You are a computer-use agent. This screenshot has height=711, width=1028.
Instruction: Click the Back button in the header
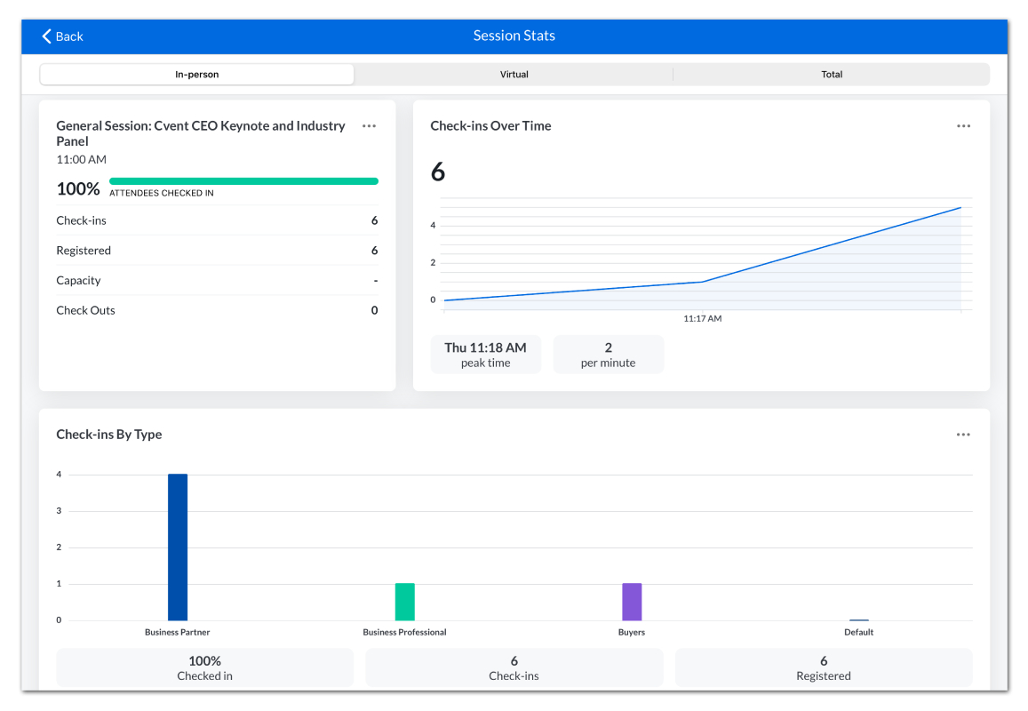pos(63,36)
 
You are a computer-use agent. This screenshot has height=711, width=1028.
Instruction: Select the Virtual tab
pos(514,74)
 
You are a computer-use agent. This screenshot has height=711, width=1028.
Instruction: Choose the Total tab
pos(832,74)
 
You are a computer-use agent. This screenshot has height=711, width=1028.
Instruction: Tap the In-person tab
pos(196,74)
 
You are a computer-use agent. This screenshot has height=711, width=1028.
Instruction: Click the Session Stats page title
pos(514,36)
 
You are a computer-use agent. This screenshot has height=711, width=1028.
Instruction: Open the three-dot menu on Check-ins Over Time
pos(963,126)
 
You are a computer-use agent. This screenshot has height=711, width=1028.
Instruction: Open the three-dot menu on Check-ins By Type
pos(963,435)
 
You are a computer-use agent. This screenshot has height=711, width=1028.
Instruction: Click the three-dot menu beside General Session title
pos(369,126)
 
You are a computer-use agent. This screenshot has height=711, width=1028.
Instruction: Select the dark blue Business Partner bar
pos(178,547)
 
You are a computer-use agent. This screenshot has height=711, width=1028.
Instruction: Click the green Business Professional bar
pos(404,602)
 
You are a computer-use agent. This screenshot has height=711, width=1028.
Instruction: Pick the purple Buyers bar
pos(632,602)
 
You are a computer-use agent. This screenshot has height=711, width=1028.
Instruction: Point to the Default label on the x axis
pos(859,632)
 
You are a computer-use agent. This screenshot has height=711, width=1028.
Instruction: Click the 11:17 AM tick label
pos(702,319)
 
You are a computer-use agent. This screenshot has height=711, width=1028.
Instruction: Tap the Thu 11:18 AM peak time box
pos(486,355)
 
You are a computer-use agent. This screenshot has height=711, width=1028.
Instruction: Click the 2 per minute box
pos(609,355)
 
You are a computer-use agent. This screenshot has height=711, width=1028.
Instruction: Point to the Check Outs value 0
pos(374,310)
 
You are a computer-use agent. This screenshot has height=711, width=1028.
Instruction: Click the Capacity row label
pos(79,281)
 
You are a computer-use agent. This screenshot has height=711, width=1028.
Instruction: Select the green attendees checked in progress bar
pos(243,181)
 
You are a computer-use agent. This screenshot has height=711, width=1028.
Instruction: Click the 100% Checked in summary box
pos(204,667)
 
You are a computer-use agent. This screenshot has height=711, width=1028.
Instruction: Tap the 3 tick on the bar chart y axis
pos(59,511)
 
